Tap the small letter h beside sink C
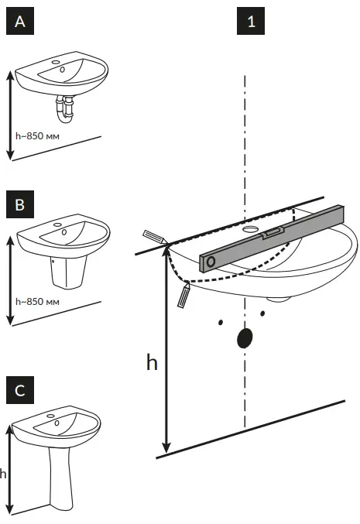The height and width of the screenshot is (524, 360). [x=3, y=474]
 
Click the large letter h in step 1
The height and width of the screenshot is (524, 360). [x=152, y=362]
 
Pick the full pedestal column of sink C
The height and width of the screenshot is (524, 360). [x=60, y=476]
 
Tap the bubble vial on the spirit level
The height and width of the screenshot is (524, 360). [x=273, y=232]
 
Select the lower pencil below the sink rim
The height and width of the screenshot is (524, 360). [x=183, y=296]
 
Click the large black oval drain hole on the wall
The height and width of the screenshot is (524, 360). [x=245, y=338]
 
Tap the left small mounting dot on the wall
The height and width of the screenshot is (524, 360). [x=221, y=320]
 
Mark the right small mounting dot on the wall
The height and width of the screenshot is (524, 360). [x=263, y=313]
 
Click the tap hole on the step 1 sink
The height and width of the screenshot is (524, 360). [x=252, y=230]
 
